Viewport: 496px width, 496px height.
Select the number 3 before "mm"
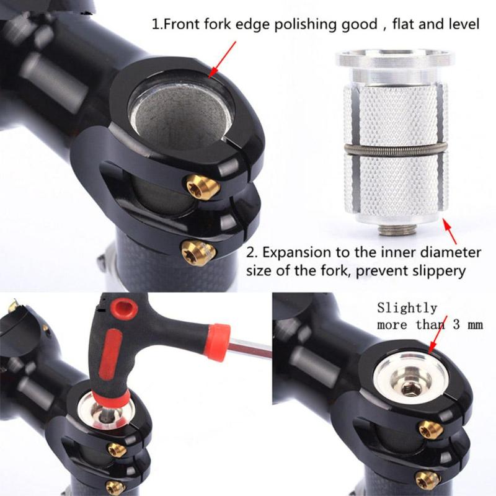click(449, 325)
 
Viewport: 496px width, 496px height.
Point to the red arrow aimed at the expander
click(453, 234)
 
